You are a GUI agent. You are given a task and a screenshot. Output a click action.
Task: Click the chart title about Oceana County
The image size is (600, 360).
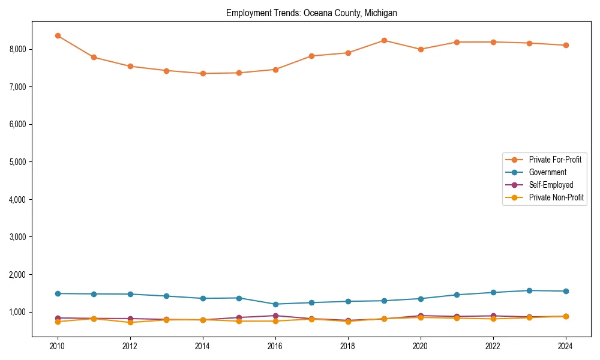(311, 13)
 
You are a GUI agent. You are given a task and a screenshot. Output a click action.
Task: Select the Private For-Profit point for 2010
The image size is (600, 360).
(58, 36)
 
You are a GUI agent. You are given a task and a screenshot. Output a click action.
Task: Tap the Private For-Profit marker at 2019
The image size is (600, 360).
(384, 40)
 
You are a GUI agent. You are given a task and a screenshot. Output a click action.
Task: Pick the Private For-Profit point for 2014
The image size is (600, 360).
(203, 73)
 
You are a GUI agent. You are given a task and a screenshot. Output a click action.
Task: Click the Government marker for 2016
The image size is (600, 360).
(275, 304)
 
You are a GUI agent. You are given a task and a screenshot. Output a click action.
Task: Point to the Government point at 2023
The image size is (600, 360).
(529, 290)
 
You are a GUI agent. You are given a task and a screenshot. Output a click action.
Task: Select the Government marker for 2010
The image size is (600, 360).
(58, 293)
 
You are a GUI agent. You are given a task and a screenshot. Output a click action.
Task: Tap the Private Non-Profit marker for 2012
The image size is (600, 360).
(130, 322)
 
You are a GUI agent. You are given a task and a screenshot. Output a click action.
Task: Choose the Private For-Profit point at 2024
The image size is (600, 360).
(566, 45)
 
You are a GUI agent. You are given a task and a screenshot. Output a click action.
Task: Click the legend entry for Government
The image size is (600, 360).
(547, 172)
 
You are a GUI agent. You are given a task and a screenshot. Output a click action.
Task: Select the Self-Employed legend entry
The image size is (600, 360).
(551, 185)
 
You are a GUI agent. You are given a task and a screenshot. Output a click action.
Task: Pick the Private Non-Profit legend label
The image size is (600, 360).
(556, 197)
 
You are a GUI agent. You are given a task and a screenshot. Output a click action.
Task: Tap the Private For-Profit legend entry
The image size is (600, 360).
(555, 160)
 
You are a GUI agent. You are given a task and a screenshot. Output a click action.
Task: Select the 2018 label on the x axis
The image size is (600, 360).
(348, 346)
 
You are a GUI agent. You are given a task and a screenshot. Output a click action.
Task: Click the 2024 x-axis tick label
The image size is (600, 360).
(566, 346)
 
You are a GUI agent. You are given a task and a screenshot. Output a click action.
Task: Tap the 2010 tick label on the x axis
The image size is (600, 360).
(58, 346)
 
